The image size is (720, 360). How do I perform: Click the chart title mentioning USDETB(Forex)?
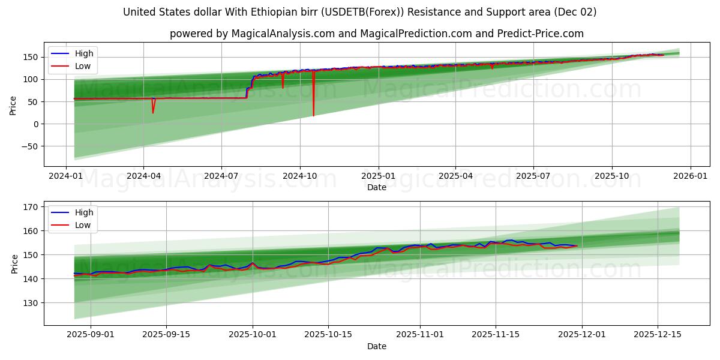pos(360,12)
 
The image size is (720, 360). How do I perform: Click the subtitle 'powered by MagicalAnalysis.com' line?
pos(376,34)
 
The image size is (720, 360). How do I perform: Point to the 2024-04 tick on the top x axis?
pos(143,175)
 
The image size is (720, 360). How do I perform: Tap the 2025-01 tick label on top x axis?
pos(378,175)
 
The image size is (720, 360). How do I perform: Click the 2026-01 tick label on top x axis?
pos(690,175)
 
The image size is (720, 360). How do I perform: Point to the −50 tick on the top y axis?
pos(29,146)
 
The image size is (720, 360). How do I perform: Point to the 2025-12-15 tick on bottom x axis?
pos(658,334)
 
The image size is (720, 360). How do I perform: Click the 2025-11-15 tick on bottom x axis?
pos(495,334)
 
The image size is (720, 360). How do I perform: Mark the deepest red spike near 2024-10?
pos(313,115)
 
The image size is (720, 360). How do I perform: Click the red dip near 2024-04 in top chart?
pos(152,112)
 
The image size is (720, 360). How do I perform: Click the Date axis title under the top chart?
pos(376,187)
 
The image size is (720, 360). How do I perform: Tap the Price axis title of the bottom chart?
pos(15,263)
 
